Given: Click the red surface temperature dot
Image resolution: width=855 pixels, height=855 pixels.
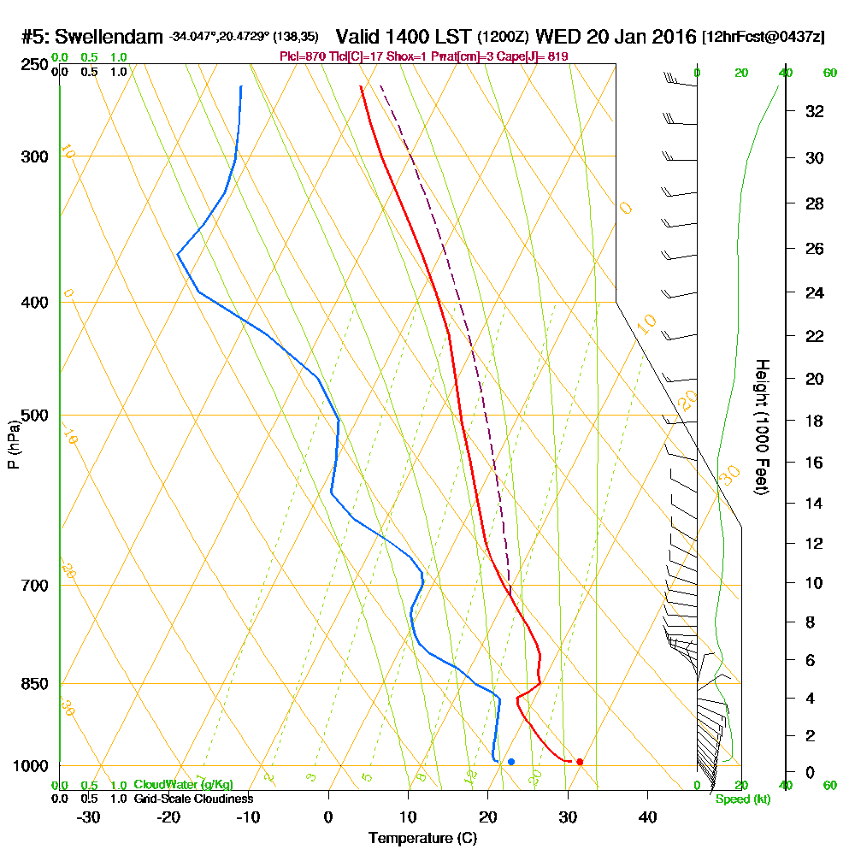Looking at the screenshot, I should (x=580, y=762).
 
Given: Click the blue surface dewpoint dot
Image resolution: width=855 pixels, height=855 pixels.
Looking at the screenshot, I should (x=511, y=762).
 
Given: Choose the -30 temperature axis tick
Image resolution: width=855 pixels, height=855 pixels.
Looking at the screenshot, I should (x=89, y=817).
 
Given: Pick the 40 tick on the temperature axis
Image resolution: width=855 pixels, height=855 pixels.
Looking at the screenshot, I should (x=647, y=817).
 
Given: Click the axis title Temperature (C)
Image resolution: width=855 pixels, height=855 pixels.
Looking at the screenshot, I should (x=422, y=839).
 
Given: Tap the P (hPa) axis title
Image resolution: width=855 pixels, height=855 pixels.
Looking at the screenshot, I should (x=13, y=445).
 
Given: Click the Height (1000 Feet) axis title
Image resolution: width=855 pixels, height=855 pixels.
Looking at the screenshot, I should (x=762, y=427).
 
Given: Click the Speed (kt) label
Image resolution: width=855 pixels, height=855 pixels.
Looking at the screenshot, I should (x=741, y=799).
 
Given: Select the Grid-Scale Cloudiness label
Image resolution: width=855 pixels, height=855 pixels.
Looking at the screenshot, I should (x=192, y=799).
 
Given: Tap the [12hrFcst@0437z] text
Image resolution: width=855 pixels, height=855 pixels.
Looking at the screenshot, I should (x=764, y=37).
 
